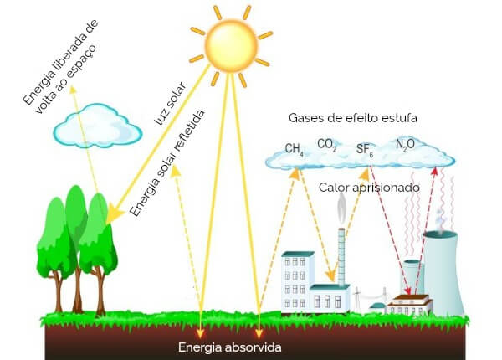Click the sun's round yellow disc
point(231,46)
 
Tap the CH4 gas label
point(295,150)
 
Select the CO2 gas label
point(327,145)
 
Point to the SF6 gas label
point(365,150)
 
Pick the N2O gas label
point(405,145)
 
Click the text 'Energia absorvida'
point(229,347)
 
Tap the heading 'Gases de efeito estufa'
point(353,118)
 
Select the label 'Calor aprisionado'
point(369,188)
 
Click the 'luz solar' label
point(170,104)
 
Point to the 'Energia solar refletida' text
point(167,163)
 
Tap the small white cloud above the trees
point(97,126)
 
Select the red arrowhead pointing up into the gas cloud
point(434,172)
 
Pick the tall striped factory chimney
point(341,257)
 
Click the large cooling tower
point(443,273)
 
